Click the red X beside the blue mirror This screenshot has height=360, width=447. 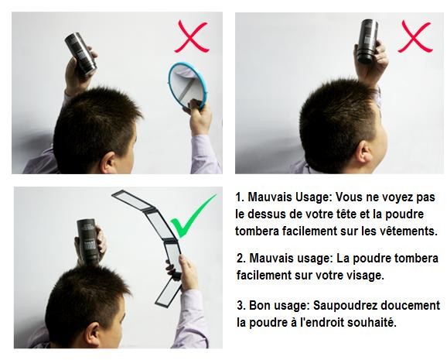192,37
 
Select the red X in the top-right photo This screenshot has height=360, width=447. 415,36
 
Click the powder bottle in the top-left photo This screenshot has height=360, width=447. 80,54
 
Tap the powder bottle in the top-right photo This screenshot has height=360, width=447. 368,41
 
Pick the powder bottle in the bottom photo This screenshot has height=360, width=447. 87,242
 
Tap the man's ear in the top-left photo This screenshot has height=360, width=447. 107,163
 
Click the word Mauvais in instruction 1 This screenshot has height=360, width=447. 270,197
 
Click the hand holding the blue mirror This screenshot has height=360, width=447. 199,116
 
